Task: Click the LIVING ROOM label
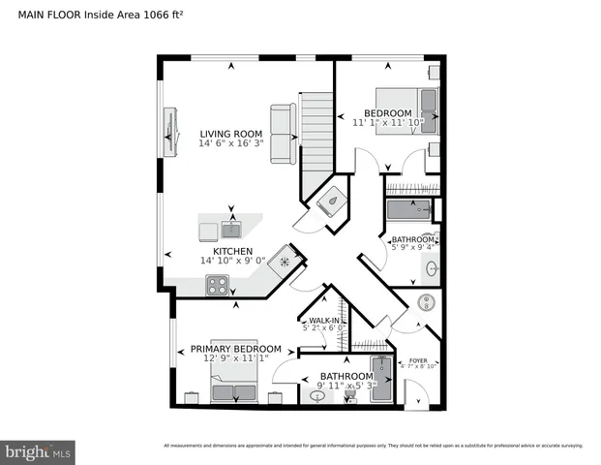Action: (x=231, y=134)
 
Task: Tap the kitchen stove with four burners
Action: (x=217, y=285)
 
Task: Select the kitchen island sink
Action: (x=231, y=230)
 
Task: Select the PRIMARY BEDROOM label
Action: (x=235, y=349)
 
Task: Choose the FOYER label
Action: (x=418, y=359)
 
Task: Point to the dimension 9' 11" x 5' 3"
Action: (x=346, y=387)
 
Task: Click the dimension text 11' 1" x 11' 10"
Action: (x=387, y=123)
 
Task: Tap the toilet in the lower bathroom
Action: (x=350, y=397)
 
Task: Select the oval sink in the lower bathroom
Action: (x=318, y=395)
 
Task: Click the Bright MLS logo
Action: (x=39, y=450)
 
